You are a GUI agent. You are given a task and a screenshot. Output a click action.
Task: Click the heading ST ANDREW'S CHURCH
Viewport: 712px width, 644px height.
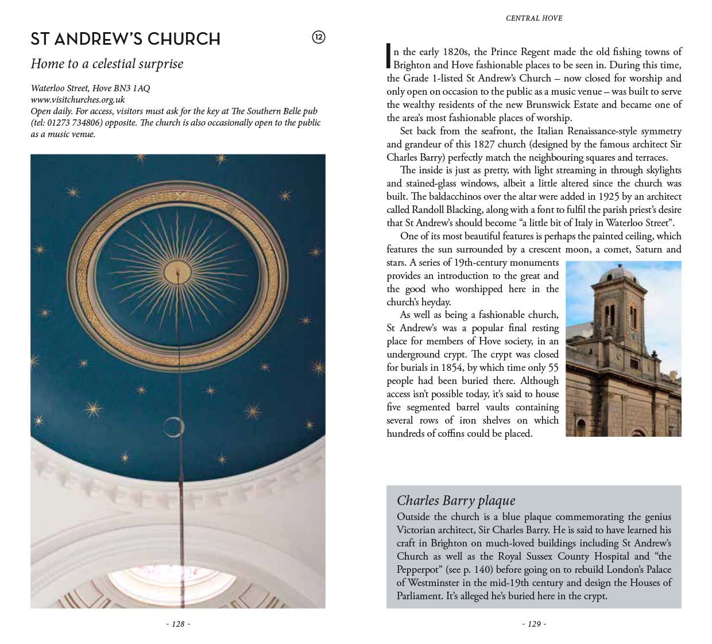[125, 39]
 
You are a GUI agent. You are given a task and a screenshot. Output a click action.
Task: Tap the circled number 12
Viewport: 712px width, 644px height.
[318, 37]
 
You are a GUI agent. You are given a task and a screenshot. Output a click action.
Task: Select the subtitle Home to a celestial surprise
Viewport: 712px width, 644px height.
[107, 64]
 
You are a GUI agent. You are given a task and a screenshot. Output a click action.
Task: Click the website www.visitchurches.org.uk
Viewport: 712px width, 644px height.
[78, 99]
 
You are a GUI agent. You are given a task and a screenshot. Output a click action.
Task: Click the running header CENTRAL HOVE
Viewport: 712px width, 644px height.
[534, 18]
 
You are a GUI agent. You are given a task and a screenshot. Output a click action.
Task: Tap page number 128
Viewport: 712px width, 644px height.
[178, 624]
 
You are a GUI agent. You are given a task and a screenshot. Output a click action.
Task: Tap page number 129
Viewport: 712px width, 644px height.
[534, 624]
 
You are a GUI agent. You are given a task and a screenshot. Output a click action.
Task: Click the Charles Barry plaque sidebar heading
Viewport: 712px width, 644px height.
[456, 501]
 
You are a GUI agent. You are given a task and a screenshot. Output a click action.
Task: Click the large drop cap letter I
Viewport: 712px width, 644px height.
[389, 57]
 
